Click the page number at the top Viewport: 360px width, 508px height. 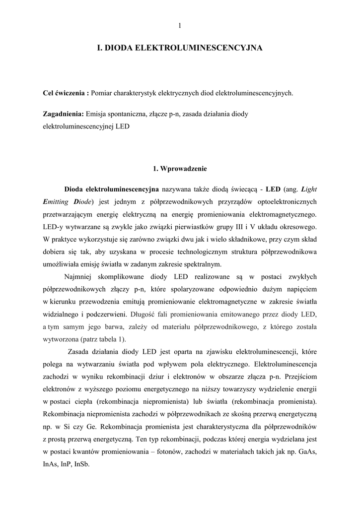(x=180, y=26)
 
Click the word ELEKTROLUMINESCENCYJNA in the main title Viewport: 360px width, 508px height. (x=199, y=48)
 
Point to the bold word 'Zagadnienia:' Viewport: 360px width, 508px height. (x=63, y=114)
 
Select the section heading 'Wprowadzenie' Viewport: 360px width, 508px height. (x=184, y=169)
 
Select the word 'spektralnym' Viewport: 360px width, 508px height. (x=204, y=264)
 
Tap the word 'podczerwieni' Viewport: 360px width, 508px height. (x=106, y=314)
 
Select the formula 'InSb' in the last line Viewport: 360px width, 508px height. (x=81, y=464)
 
